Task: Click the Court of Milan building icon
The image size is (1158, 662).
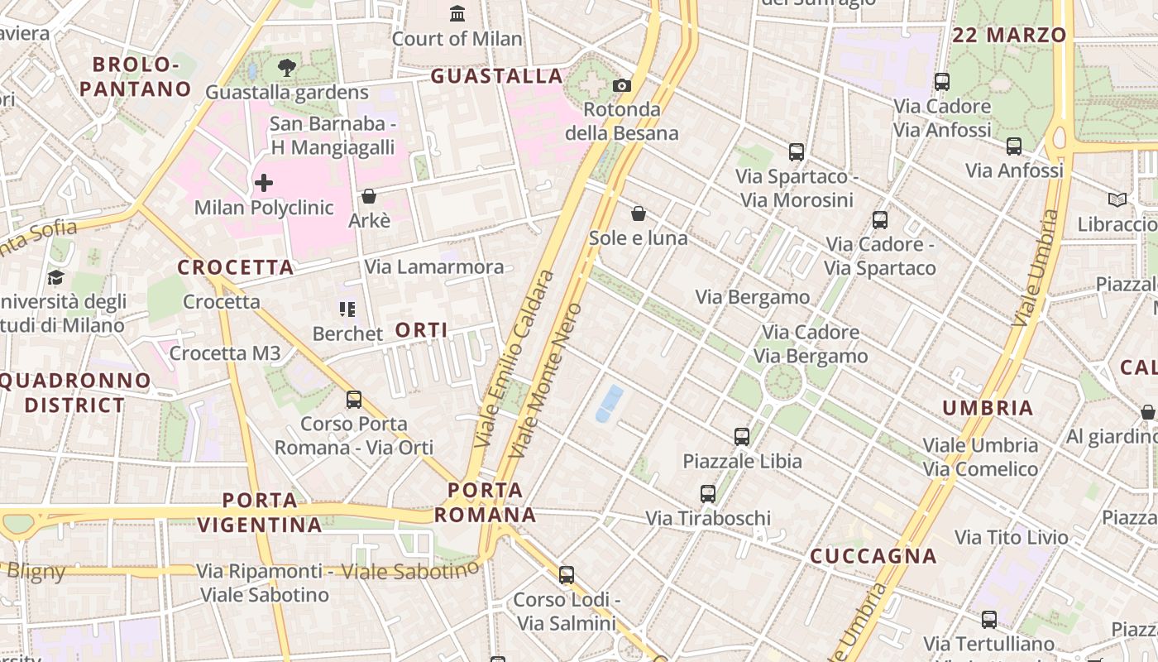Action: [x=457, y=13]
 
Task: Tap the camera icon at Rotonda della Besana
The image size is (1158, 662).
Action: [x=622, y=85]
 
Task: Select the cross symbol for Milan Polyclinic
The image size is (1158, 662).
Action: [x=264, y=182]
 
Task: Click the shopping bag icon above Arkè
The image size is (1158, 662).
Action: [x=369, y=196]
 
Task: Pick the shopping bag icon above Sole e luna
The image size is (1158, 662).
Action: [x=639, y=213]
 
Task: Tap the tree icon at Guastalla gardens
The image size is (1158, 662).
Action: [x=287, y=68]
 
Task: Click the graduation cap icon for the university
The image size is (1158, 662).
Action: [x=55, y=277]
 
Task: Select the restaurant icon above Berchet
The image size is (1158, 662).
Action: [x=347, y=309]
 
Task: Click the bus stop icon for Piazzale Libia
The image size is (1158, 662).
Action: [x=742, y=436]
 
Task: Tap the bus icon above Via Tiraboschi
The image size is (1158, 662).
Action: [x=708, y=494]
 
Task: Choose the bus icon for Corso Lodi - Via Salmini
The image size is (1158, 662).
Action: [x=567, y=574]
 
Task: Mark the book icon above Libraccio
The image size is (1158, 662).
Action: [x=1117, y=199]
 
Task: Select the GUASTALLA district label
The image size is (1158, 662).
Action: [x=497, y=76]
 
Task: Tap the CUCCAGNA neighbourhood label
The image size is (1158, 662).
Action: [x=873, y=556]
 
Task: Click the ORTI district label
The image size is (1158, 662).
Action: [x=422, y=330]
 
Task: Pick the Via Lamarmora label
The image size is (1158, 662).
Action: [x=434, y=266]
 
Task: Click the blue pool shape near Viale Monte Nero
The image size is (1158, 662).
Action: [x=610, y=403]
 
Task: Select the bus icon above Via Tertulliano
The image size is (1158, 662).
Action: [x=989, y=619]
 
